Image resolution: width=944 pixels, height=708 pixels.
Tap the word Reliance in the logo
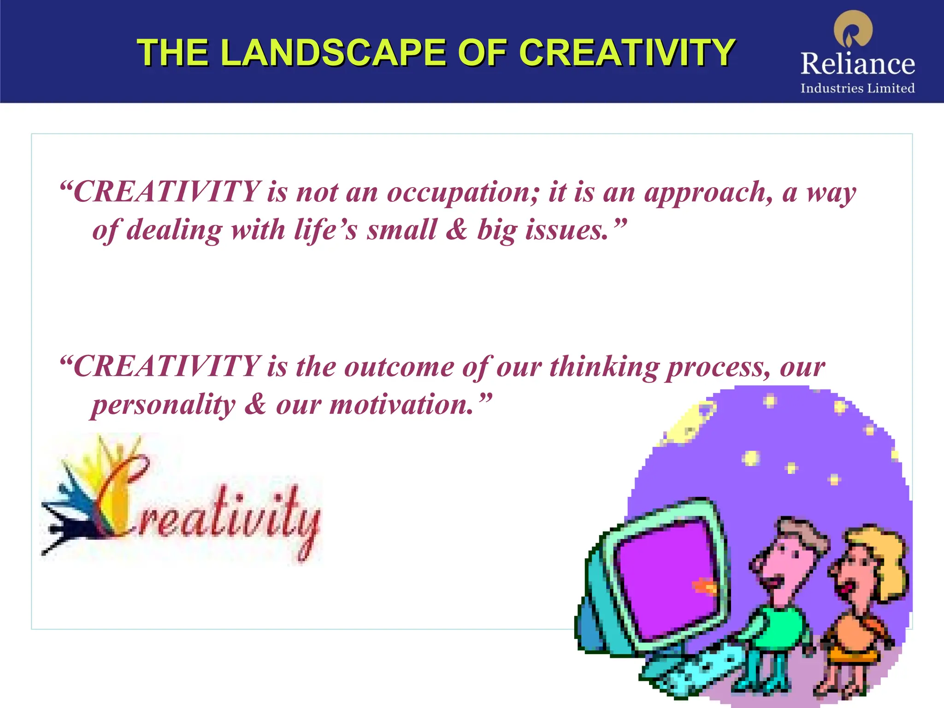pyautogui.click(x=857, y=64)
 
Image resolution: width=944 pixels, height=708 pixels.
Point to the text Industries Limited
pyautogui.click(x=857, y=88)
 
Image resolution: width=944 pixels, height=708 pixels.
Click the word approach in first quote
pyautogui.click(x=708, y=193)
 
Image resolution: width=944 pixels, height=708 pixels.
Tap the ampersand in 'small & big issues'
pyautogui.click(x=456, y=230)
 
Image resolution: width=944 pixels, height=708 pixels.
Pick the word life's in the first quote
pyautogui.click(x=325, y=230)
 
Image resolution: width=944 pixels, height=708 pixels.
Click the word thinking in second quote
pyautogui.click(x=604, y=367)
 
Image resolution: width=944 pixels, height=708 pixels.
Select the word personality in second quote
pyautogui.click(x=164, y=405)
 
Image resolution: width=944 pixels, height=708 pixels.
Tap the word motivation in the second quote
pyautogui.click(x=401, y=405)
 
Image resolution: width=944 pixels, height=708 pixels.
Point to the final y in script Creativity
pyautogui.click(x=309, y=530)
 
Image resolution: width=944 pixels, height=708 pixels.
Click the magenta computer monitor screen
pyautogui.click(x=668, y=576)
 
